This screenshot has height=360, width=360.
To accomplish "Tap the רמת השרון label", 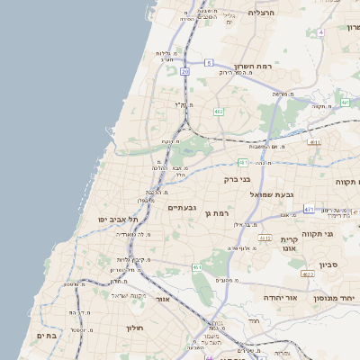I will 255,67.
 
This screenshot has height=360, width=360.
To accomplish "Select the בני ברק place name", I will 237,179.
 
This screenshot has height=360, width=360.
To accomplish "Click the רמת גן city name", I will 220,213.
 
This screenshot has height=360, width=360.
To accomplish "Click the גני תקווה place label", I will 340,235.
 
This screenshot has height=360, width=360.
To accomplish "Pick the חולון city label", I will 135,328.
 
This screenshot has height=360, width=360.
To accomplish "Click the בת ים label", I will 45,335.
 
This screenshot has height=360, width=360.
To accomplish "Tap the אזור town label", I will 163,299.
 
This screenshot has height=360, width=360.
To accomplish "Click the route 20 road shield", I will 184,70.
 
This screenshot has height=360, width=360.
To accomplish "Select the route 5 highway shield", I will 208,62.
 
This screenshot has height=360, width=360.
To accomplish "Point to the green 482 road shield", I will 219,112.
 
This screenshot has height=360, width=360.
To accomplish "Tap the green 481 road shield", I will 243,163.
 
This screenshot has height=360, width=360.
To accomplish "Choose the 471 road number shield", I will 308,209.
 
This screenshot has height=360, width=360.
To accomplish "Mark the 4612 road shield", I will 264,238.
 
